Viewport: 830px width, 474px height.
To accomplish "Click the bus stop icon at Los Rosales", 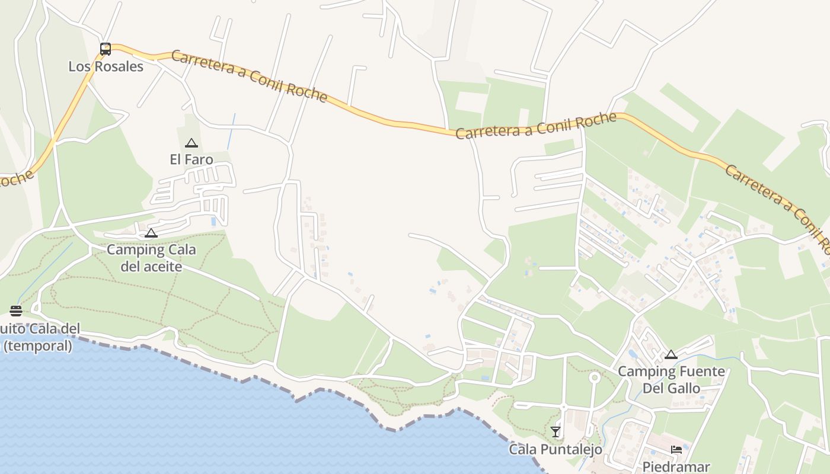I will click(106, 49).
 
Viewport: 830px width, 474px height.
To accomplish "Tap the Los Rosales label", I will click(106, 66).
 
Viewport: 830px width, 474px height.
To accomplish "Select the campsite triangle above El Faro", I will click(191, 143).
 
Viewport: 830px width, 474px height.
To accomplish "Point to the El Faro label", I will click(191, 159).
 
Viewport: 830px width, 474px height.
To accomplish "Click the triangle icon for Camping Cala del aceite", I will click(151, 233).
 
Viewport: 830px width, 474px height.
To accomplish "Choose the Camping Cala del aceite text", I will click(151, 258).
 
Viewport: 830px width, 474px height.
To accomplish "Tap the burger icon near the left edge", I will click(16, 311).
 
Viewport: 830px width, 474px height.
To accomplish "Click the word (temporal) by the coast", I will click(38, 345).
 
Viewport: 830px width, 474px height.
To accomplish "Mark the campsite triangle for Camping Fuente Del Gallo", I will click(671, 355).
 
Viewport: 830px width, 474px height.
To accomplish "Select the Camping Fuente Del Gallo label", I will click(671, 380).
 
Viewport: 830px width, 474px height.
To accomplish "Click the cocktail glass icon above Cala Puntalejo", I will click(556, 432).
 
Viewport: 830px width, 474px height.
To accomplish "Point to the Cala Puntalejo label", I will click(556, 449).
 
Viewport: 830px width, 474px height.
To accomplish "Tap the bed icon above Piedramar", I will click(676, 450).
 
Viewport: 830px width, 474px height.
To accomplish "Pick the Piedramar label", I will click(676, 466).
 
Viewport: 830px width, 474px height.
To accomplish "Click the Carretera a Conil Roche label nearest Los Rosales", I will click(249, 76).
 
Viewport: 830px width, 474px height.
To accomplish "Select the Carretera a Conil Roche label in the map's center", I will click(537, 126).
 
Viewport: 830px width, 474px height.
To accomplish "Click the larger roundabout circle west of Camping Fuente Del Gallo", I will click(594, 377).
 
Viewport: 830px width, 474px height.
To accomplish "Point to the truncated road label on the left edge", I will click(17, 178).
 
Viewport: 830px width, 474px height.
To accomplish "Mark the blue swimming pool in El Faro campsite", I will click(213, 222).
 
